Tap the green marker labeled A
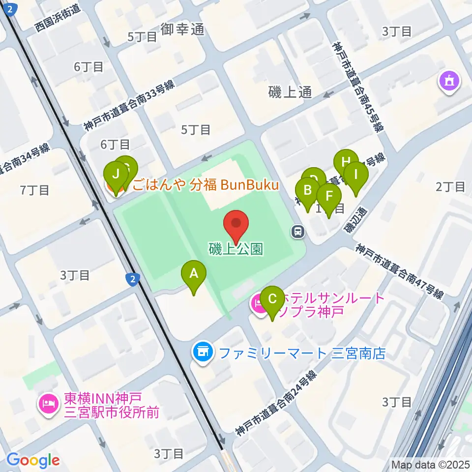click(x=194, y=273)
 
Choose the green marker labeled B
click(x=308, y=191)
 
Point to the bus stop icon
click(x=297, y=231)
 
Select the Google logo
click(x=33, y=460)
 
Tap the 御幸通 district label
click(x=182, y=29)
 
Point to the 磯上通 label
click(x=291, y=91)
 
